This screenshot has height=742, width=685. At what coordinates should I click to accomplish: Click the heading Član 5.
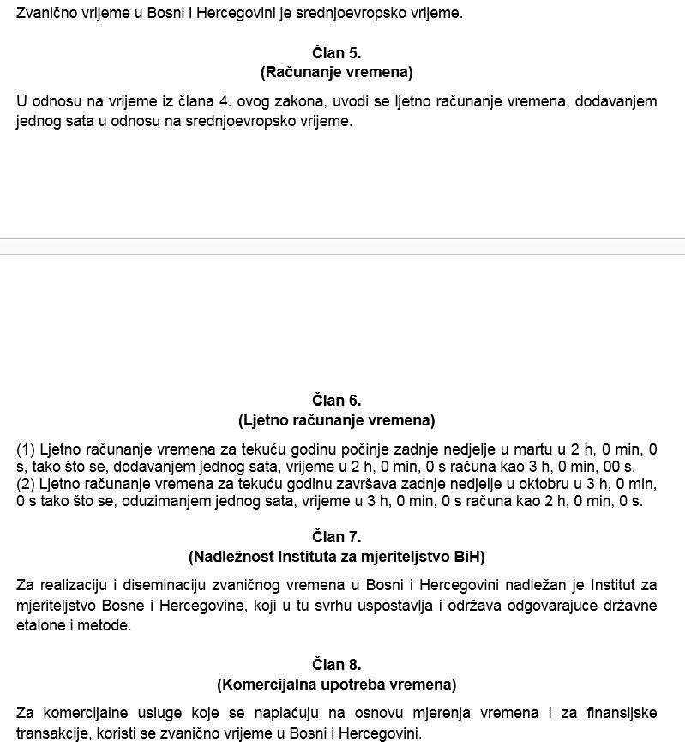[337, 52]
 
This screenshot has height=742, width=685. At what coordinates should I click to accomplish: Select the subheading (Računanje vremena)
[337, 72]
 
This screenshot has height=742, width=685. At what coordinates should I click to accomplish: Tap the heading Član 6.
[337, 401]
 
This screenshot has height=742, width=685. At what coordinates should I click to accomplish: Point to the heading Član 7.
[337, 538]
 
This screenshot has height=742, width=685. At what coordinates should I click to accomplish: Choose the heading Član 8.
[337, 665]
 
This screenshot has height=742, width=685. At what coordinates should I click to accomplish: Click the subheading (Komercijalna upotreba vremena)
[337, 685]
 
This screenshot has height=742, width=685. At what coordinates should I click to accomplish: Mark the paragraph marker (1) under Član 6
[25, 449]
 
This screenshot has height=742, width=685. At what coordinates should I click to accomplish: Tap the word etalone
[40, 626]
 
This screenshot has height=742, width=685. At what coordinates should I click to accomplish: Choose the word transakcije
[53, 734]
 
